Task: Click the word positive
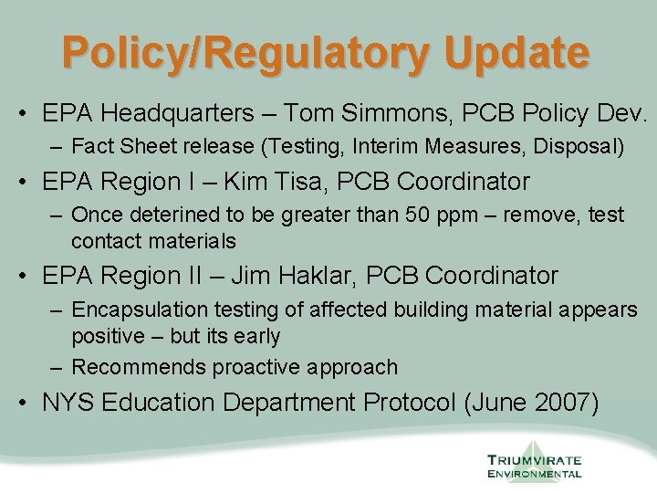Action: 108,336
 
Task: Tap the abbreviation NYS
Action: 68,404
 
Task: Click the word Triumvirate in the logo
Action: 534,460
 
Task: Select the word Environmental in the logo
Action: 534,474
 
